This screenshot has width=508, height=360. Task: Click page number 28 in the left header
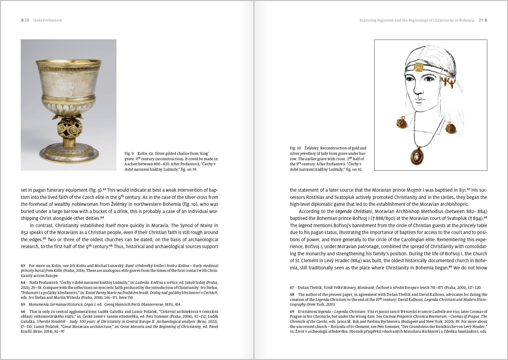tap(27, 20)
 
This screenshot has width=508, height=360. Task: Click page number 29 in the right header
tap(481, 20)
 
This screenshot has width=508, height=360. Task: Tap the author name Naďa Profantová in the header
tap(47, 20)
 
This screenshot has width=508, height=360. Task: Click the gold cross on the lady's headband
tap(419, 67)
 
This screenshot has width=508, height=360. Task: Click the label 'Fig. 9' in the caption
tap(129, 154)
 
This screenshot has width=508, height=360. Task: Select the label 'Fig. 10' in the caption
tap(295, 148)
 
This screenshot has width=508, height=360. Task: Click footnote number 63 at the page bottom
tap(23, 266)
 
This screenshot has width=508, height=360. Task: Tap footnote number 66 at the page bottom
tap(23, 312)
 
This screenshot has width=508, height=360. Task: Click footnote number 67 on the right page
tap(292, 288)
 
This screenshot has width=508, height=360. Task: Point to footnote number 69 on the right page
tap(292, 312)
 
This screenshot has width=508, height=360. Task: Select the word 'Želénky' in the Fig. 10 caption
tap(311, 148)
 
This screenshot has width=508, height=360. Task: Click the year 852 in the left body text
tap(25, 232)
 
